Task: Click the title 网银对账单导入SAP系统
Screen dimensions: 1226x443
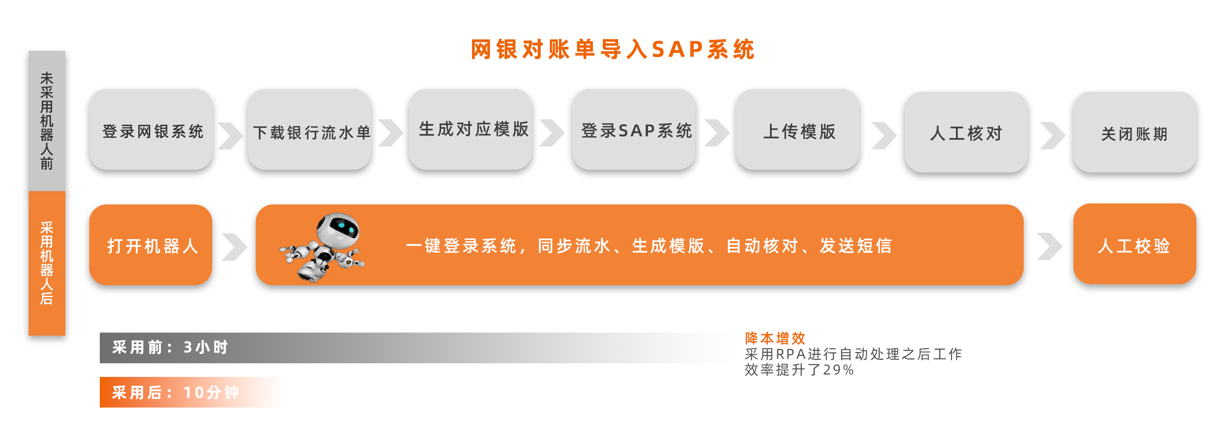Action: coord(613,49)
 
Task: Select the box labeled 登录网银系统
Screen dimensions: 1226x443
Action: coord(151,129)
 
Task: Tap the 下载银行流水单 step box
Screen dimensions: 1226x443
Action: coord(309,129)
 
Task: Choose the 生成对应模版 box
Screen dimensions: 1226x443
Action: coord(470,129)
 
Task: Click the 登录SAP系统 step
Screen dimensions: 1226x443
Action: coord(634,129)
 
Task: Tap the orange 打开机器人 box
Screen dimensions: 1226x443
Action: coord(151,245)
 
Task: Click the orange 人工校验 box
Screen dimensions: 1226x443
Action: coord(1135,244)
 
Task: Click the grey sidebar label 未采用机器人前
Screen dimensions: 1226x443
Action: coord(47,121)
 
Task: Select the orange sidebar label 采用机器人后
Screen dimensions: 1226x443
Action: coord(47,263)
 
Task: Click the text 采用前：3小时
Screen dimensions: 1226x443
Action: coord(170,347)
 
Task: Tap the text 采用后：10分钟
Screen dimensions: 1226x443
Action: coord(175,393)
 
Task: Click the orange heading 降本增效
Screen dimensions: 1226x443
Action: coord(775,338)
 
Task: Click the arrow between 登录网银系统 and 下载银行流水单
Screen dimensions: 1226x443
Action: coord(230,136)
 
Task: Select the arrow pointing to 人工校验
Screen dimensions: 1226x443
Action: coord(1050,246)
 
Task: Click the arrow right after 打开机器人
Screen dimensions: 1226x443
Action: coord(234,247)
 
